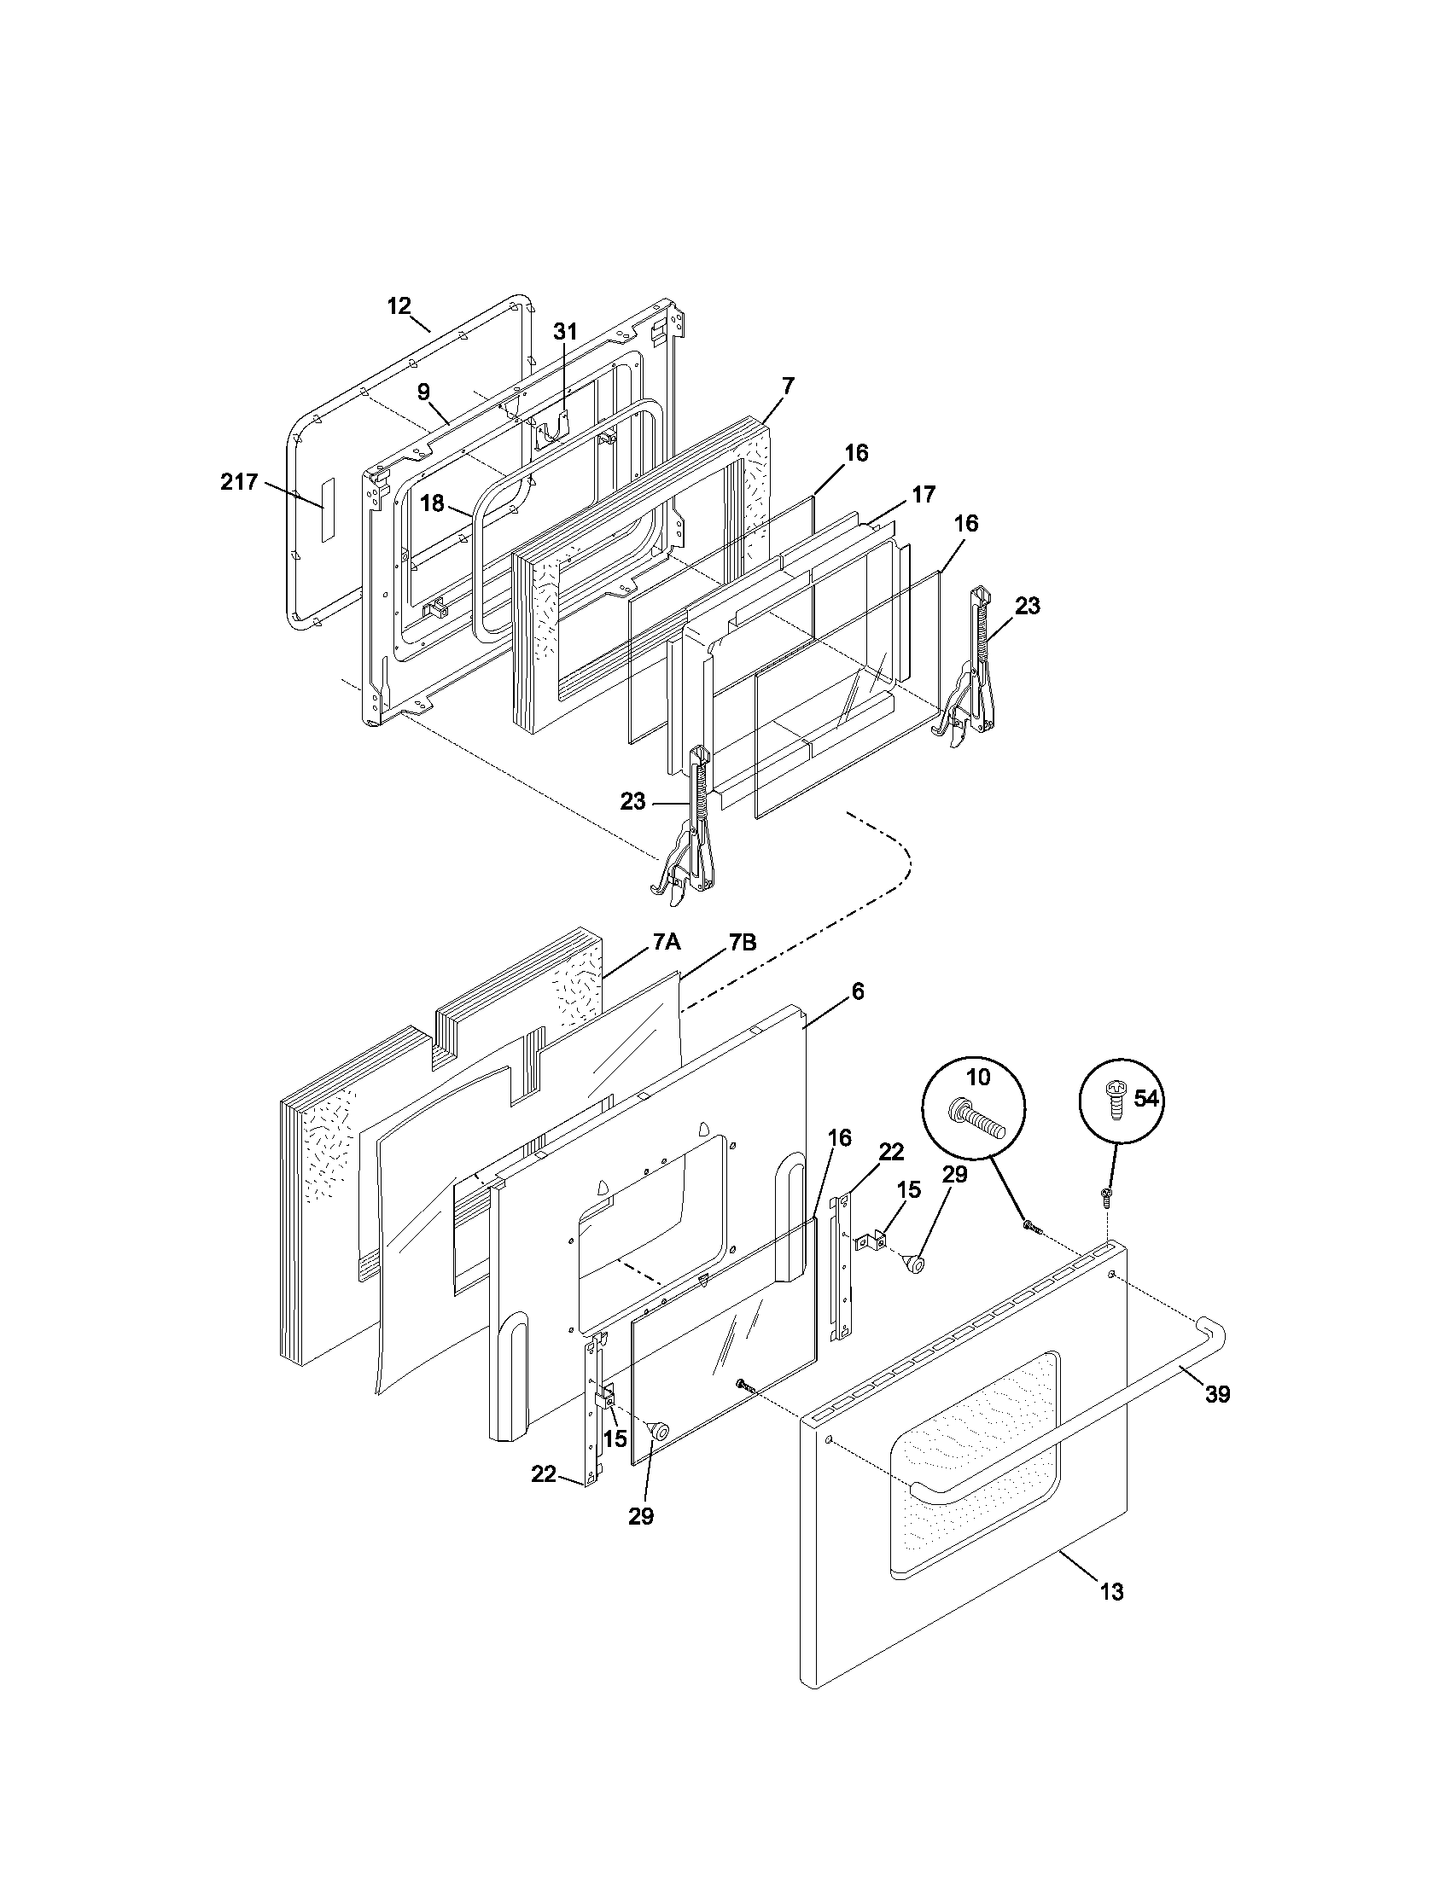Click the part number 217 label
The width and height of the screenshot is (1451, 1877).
(x=239, y=482)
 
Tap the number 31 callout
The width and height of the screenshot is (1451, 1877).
(x=565, y=332)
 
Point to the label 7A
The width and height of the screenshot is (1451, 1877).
(x=667, y=942)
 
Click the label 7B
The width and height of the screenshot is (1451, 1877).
(x=743, y=942)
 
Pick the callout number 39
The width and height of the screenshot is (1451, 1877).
(x=1217, y=1394)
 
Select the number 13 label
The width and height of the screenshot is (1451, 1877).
(x=1111, y=1593)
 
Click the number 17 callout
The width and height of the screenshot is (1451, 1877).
(x=924, y=494)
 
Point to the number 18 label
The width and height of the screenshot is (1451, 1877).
(x=433, y=503)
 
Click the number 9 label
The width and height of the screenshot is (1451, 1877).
(x=424, y=391)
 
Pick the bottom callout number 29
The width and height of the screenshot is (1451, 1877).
(x=640, y=1517)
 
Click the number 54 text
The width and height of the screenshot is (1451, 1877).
(x=1145, y=1098)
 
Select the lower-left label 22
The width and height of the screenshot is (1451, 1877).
(x=543, y=1474)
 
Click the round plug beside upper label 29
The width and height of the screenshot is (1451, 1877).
(x=915, y=1264)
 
